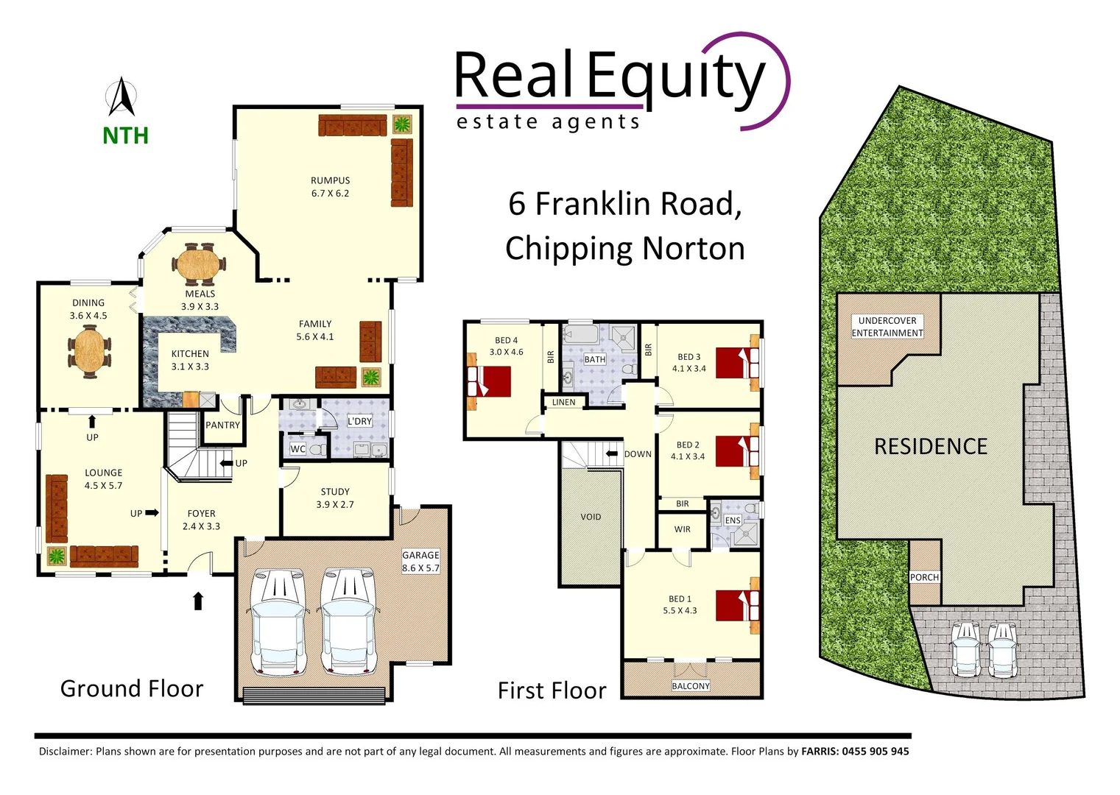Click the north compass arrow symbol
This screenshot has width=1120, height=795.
coord(122,98)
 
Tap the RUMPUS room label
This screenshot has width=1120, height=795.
coord(330,180)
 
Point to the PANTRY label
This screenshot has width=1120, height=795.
coord(222,425)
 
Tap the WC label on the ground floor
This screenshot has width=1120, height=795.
coord(297,449)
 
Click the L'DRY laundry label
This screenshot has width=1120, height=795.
coord(359,421)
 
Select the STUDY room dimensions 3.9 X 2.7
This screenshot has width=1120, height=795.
coord(335,504)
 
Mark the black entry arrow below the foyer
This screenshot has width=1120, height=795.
coord(197,601)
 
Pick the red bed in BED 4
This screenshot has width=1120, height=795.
coord(488,381)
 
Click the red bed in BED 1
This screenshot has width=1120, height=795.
coord(738,605)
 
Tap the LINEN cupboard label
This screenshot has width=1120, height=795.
coord(563,402)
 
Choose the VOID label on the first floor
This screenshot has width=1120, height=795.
coord(591,517)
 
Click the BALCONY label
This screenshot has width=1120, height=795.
coord(691,686)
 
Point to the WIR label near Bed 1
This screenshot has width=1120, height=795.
coord(682,529)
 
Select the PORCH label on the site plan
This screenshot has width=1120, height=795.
coord(924,577)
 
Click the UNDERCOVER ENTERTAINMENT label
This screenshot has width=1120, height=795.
coord(887,327)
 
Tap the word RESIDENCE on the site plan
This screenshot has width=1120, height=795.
coord(931,447)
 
